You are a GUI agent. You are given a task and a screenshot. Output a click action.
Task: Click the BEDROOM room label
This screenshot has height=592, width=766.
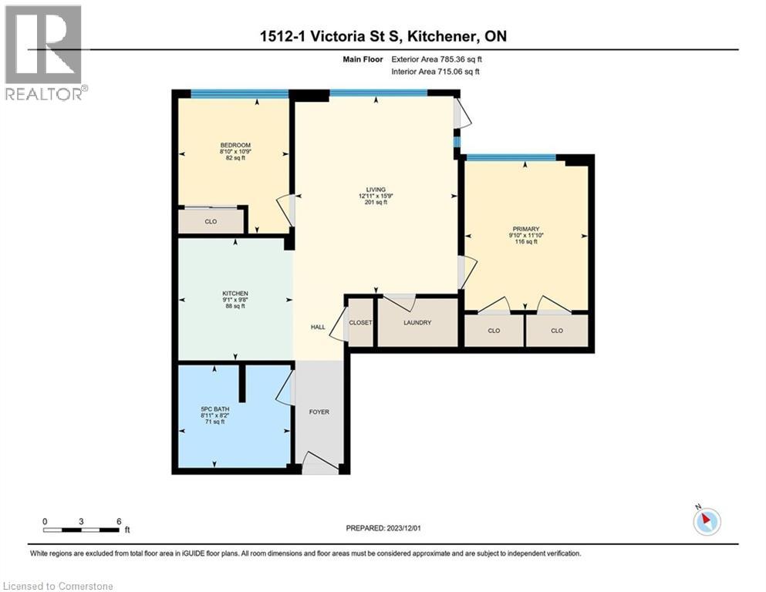pos(235,145)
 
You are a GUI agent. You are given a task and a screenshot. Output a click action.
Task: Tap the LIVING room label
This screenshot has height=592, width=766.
pos(376,190)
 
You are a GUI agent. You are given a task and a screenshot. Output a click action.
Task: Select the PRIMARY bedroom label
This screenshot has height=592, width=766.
pos(524,228)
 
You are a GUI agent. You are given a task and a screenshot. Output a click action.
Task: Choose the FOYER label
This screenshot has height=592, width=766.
pos(319,412)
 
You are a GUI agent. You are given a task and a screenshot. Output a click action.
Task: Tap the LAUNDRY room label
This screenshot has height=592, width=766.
pos(416,323)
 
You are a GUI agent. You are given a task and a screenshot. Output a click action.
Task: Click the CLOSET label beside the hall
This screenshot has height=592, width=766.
pos(360,323)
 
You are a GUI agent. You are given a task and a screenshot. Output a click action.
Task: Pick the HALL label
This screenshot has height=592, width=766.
pos(318,328)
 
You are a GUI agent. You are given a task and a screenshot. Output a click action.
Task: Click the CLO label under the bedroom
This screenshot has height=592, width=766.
pos(211,222)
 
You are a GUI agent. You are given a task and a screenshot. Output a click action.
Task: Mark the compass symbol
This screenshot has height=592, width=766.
pos(707,521)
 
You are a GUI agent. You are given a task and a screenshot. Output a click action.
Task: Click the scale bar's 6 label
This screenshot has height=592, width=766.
pos(118,521)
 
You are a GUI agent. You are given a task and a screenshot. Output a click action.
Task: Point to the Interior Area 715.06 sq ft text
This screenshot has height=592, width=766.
pos(436,72)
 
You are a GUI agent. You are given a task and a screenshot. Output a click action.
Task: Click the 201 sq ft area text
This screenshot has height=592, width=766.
pos(376,203)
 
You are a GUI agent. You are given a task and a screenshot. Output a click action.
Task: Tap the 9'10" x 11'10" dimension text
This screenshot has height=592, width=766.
pos(524,235)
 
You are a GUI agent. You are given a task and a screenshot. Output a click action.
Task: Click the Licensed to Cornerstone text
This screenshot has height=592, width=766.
pos(59,587)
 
